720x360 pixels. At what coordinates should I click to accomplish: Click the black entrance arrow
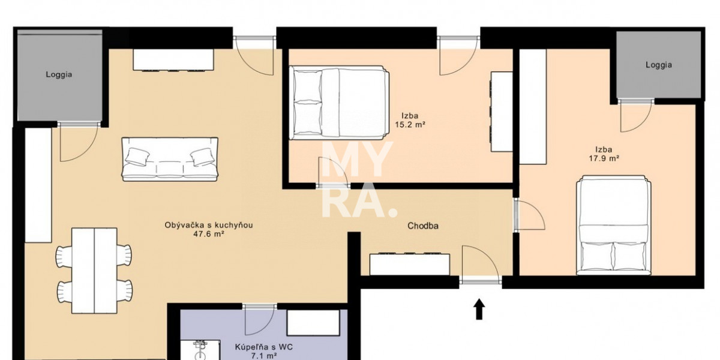479,309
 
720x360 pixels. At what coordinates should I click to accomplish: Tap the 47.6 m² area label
208,235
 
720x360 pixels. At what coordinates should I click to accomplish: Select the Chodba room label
423,226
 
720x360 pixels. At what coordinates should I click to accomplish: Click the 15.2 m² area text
410,125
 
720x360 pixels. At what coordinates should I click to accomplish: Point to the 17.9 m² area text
604,158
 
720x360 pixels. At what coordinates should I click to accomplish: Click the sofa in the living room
170,159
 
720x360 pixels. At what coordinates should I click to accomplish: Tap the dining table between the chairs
94,271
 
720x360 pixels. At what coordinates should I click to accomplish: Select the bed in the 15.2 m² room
339,103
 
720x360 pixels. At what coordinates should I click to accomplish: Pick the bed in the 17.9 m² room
614,226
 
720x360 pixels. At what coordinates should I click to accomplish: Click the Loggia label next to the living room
59,74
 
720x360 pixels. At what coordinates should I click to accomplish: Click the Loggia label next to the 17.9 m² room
659,65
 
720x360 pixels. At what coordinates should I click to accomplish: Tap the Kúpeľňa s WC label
263,347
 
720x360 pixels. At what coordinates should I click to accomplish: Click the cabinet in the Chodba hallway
409,264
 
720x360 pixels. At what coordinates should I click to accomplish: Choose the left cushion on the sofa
137,157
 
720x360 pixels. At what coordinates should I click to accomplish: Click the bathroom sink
200,350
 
